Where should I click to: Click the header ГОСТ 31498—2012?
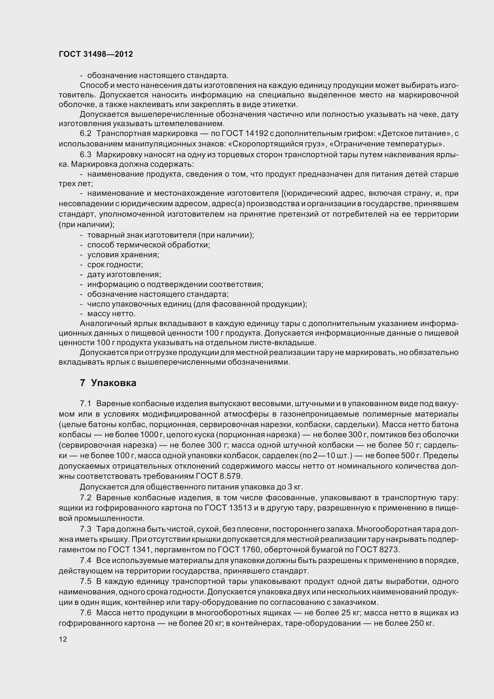(x=96, y=54)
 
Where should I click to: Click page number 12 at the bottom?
(x=63, y=639)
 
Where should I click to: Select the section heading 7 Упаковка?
(x=108, y=383)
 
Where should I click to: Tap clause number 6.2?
(x=85, y=134)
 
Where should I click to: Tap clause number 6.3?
(x=85, y=155)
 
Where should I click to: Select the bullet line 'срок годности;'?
(x=115, y=264)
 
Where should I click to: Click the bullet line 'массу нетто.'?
(x=111, y=313)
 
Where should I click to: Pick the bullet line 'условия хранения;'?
(x=123, y=255)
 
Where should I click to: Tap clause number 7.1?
(x=85, y=404)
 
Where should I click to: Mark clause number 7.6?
(x=85, y=613)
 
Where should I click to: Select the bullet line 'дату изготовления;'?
(x=124, y=275)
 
